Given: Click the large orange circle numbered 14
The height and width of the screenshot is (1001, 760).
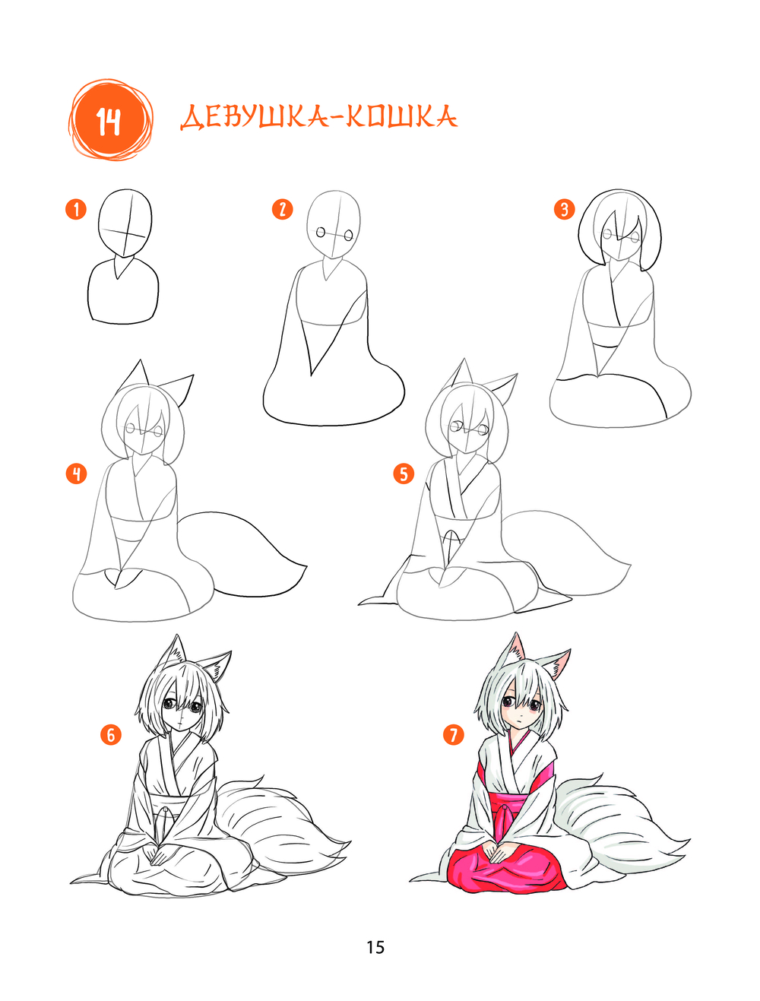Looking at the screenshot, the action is [x=110, y=120].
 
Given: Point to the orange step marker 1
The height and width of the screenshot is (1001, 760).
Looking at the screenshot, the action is [x=76, y=209].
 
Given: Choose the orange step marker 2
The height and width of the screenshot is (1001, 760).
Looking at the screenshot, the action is [x=282, y=209].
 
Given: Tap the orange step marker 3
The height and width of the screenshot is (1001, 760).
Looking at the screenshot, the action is [x=565, y=209].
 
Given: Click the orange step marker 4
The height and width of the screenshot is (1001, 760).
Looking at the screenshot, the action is [x=76, y=474].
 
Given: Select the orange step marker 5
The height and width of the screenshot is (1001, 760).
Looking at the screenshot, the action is [x=404, y=474].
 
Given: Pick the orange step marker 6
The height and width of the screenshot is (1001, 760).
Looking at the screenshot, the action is [x=111, y=735].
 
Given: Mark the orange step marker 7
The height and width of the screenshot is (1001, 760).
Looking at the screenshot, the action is [x=453, y=735].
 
